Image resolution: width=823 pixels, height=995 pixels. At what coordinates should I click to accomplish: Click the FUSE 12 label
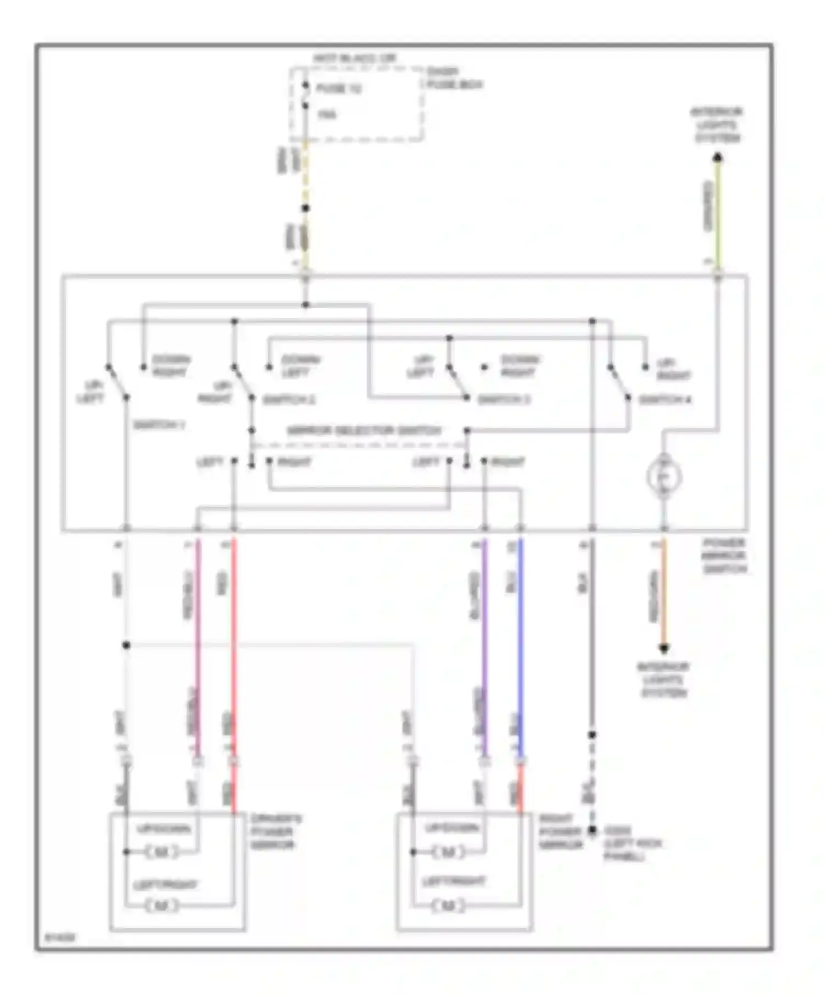click(338, 88)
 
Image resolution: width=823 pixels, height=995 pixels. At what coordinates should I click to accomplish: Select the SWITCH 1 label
click(159, 425)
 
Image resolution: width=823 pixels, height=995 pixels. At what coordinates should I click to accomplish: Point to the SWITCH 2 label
click(289, 400)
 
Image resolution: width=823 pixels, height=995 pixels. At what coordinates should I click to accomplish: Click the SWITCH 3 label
click(504, 400)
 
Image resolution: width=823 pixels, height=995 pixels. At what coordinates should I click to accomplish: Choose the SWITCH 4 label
click(665, 400)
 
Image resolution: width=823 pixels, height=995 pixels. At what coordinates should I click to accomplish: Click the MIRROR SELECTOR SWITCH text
click(364, 431)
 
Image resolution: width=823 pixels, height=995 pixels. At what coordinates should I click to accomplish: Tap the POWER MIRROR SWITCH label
click(724, 556)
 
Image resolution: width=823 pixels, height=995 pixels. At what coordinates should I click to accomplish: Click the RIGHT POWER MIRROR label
click(560, 832)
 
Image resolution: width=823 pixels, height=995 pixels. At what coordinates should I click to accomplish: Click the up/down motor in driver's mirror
click(162, 852)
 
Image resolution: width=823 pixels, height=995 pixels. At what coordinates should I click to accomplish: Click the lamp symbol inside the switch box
click(663, 476)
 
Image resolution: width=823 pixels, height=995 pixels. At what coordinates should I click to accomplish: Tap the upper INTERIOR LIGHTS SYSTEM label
click(717, 125)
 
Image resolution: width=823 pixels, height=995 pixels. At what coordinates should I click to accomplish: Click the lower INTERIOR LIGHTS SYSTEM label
click(663, 680)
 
